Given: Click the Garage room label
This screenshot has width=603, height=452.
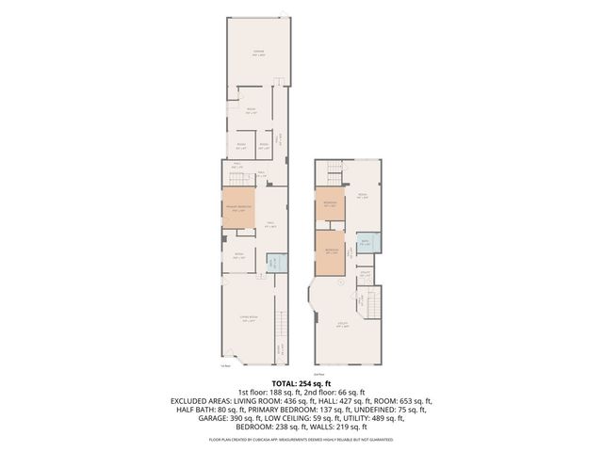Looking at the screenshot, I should (257, 55).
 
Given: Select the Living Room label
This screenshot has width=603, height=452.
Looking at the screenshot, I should (249, 321).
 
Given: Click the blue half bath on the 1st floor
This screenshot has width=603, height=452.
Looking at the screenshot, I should (274, 263).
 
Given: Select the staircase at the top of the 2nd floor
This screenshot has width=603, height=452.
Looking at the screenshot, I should (334, 173).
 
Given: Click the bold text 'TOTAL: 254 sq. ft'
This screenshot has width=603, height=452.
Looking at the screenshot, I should (301, 383).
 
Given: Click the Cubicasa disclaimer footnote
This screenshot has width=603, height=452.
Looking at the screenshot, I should (301, 439).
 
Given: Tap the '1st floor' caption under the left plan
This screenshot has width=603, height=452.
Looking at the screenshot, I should (224, 367).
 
